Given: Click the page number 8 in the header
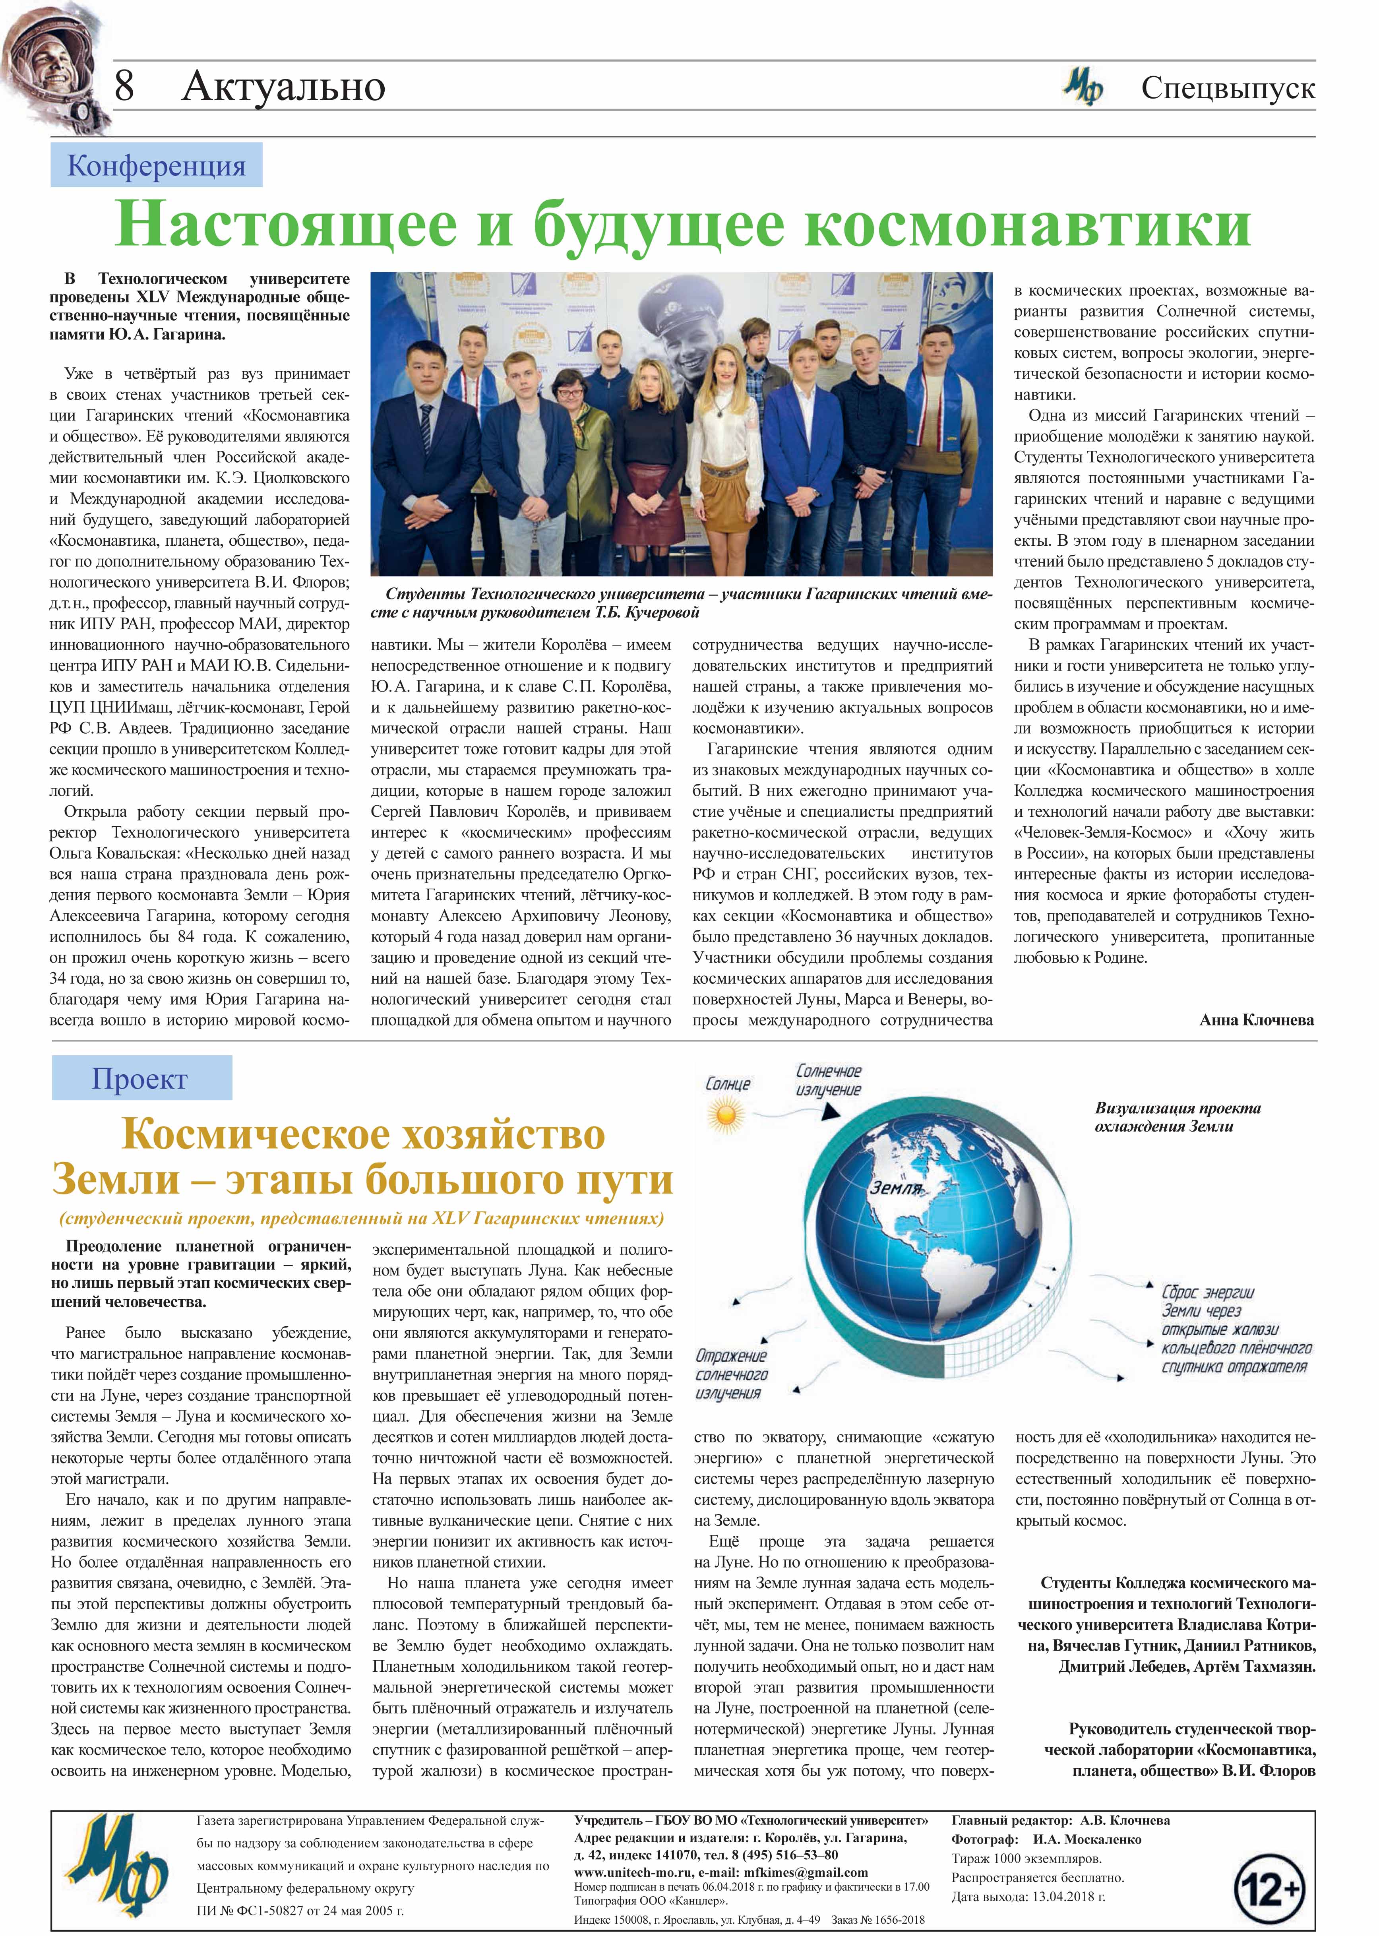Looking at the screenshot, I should pyautogui.click(x=124, y=86).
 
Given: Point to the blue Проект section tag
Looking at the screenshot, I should pyautogui.click(x=140, y=1078).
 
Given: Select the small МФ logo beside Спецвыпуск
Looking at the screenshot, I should pyautogui.click(x=1083, y=87).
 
